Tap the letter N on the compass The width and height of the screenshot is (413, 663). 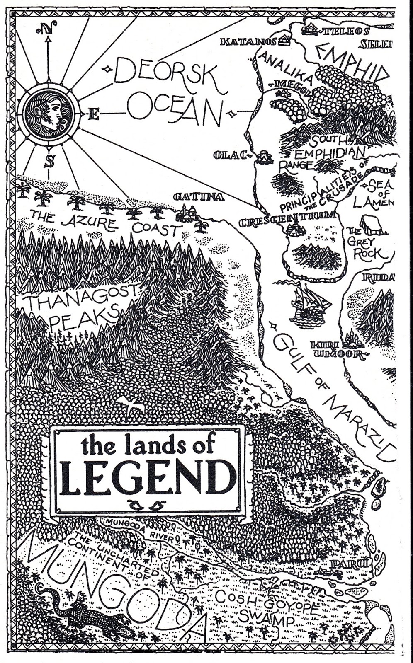click(x=46, y=29)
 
